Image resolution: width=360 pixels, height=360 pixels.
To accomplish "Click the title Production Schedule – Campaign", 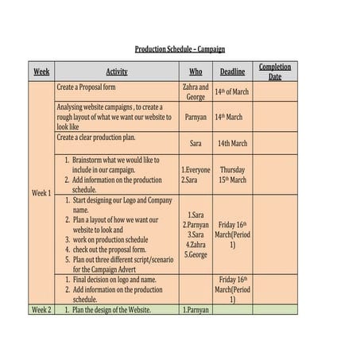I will click(180, 48).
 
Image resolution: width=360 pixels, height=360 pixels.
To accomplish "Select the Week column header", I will click(41, 72).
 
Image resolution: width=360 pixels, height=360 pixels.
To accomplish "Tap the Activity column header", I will click(117, 72).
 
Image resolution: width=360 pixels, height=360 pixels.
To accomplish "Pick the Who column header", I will click(195, 72).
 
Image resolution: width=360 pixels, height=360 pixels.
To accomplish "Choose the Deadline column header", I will click(232, 72).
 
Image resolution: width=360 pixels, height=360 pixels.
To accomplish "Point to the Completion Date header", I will click(275, 72).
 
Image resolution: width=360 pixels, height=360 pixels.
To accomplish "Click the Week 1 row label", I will click(41, 192).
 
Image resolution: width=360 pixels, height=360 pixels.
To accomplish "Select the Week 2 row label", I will click(41, 309).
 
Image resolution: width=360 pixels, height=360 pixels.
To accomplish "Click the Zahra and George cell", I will click(195, 91).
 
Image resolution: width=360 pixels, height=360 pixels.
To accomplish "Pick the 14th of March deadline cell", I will click(232, 91).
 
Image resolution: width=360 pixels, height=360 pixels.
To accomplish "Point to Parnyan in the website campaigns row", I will click(195, 117).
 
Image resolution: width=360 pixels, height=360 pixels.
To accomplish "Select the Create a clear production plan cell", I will click(103, 137).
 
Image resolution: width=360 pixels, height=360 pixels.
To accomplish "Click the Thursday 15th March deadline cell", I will click(232, 174).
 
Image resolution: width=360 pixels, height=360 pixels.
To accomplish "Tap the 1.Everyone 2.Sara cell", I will click(195, 174).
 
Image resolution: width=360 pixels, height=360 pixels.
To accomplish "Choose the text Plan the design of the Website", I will click(111, 309).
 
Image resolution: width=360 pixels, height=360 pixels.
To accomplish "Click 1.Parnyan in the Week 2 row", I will click(195, 309).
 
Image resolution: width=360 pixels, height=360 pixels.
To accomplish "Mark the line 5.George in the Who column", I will click(196, 255).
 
